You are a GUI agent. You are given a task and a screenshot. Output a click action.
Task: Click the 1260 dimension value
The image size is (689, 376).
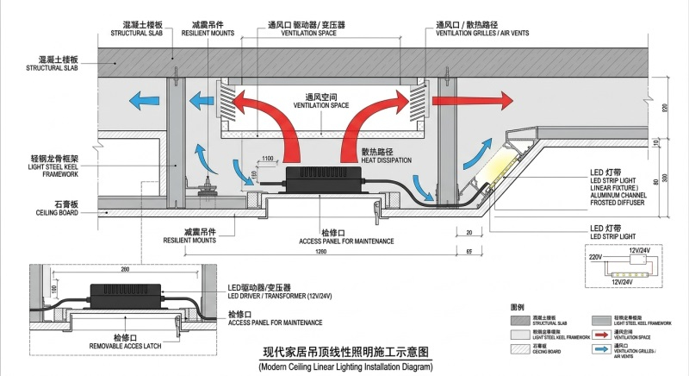pyautogui.click(x=320, y=252)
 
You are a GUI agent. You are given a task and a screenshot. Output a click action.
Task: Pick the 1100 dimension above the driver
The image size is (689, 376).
pyautogui.click(x=267, y=159)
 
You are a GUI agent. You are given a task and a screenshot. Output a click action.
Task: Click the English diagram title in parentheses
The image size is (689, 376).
pyautogui.click(x=344, y=367)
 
